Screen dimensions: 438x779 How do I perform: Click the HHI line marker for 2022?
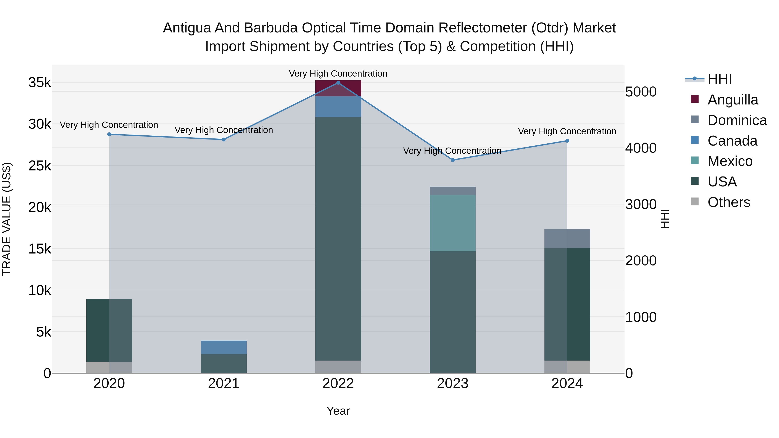tap(338, 83)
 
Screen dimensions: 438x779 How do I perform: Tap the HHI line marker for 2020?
tap(109, 134)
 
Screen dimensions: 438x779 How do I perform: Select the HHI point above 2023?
tap(453, 160)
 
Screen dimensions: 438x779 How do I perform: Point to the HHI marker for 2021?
tap(224, 139)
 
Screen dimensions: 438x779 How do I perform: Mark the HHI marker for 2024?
tap(567, 141)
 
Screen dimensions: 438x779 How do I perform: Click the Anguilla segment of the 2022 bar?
tap(338, 88)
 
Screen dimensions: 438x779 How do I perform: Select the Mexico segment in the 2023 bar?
tap(452, 223)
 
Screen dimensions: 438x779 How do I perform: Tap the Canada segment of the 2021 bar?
tap(224, 347)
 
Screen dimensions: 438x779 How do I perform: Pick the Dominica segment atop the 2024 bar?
tap(567, 239)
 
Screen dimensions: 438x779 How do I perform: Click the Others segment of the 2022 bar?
tap(338, 367)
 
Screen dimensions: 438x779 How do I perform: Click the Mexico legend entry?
tap(729, 161)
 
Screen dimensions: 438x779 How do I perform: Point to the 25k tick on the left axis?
tap(40, 166)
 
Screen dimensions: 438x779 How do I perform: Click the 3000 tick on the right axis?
tap(641, 205)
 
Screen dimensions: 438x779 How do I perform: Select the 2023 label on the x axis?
tap(452, 383)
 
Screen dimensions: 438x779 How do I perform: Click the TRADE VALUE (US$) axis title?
tap(7, 219)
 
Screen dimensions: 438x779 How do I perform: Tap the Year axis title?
tap(338, 411)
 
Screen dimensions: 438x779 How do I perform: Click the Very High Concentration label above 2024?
tap(567, 132)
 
